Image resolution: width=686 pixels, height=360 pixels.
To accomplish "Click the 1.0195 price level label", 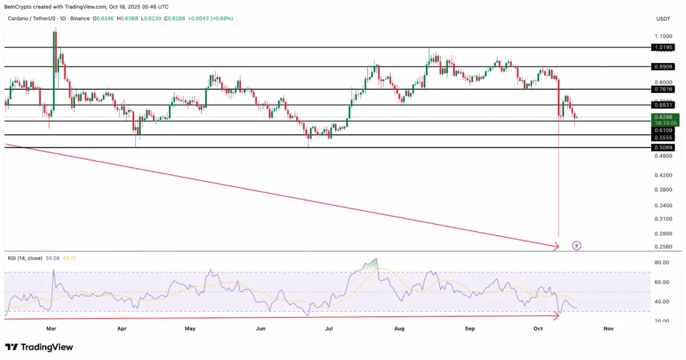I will pos(665,48).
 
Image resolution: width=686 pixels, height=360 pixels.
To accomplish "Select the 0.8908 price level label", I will pos(665,67).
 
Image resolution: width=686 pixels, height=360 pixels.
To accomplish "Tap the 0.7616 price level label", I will pos(665,89).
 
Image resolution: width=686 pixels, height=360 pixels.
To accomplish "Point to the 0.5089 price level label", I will pos(665,147).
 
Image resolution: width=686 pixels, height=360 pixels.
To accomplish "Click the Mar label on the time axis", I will pos(52,329).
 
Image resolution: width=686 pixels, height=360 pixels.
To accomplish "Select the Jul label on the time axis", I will pos(329,329).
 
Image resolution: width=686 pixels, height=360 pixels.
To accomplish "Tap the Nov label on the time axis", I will pos(608,329).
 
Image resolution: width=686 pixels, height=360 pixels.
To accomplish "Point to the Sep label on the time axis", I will pos(470,329).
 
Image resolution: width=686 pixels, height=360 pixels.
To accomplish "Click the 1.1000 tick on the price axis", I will pos(664,36).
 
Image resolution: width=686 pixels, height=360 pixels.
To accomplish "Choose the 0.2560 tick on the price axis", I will pos(664,247).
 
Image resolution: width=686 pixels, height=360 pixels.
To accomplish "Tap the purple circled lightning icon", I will pos(577,245).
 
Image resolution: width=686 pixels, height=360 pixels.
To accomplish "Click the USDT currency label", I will pos(663,19).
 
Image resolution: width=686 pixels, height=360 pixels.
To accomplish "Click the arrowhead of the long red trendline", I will pos(556,247).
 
